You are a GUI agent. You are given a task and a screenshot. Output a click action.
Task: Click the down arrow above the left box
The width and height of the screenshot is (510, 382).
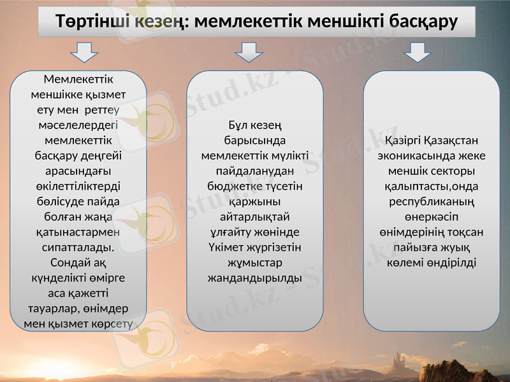pos(84,52)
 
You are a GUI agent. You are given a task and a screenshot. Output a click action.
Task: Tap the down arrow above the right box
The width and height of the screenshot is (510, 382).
pos(418,52)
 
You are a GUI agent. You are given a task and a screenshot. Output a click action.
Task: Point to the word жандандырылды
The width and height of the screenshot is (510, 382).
pos(255,278)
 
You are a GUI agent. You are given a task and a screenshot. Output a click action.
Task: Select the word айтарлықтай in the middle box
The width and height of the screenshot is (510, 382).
pos(255,216)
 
